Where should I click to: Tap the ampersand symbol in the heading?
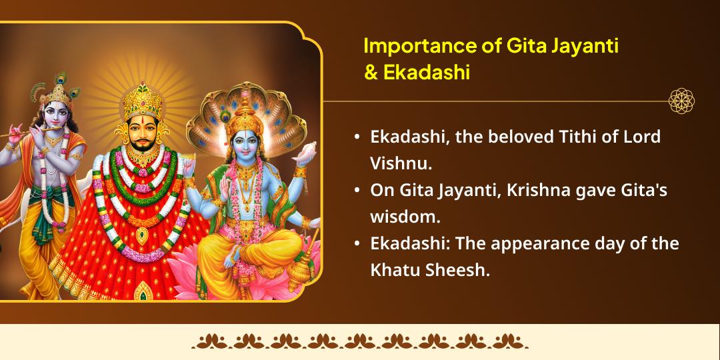click(x=370, y=73)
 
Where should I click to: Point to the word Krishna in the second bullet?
click(x=533, y=190)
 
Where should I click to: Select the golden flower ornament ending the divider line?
click(x=682, y=101)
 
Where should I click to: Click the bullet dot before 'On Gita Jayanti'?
click(x=357, y=191)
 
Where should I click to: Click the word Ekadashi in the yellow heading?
click(x=427, y=73)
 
